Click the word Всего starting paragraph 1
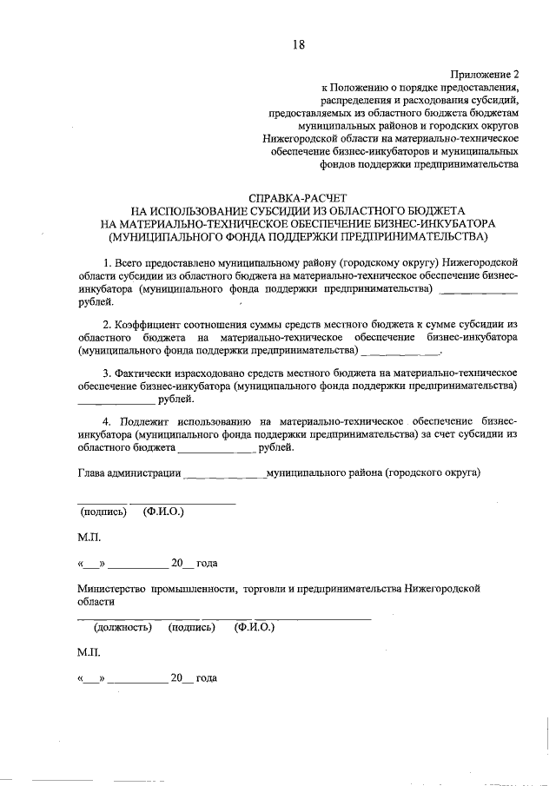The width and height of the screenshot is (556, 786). tap(132, 261)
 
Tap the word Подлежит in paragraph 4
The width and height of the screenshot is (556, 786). tap(146, 420)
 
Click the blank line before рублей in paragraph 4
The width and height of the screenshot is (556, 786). tap(216, 449)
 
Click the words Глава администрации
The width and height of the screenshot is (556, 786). tap(129, 473)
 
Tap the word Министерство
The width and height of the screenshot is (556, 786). tap(112, 588)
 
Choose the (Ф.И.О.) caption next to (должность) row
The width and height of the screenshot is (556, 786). tap(255, 626)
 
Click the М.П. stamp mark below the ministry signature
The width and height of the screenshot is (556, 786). tap(89, 651)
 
